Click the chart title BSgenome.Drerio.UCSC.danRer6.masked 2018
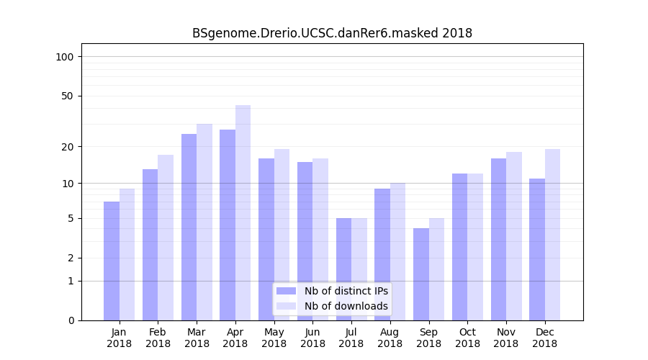(x=332, y=33)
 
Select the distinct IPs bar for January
(x=112, y=261)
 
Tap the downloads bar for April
(x=243, y=212)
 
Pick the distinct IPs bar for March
(x=189, y=227)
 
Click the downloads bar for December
(x=552, y=235)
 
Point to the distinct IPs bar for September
(x=421, y=274)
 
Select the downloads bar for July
(x=359, y=269)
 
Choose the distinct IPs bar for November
(x=498, y=239)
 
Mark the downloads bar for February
(x=166, y=238)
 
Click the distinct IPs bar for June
(x=305, y=241)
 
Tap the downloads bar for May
(x=282, y=235)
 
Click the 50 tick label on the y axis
(x=68, y=96)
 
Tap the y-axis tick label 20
(x=68, y=147)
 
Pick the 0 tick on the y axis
(x=71, y=320)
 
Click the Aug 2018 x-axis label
(x=390, y=338)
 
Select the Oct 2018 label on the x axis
(x=467, y=338)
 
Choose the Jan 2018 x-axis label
(x=120, y=338)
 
